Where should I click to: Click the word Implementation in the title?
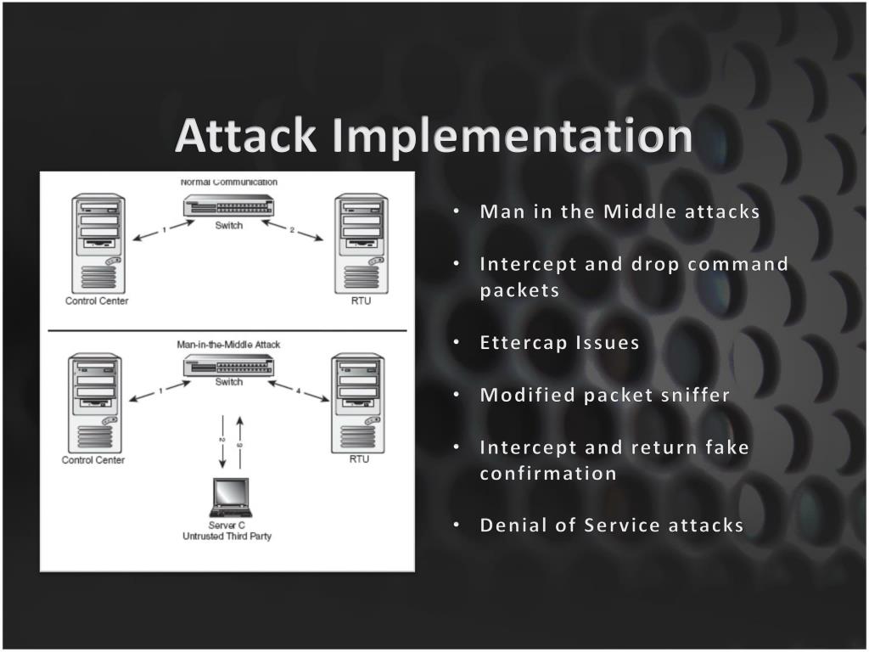point(512,136)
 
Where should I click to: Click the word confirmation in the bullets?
point(548,473)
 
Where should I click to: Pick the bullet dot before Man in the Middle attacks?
point(457,211)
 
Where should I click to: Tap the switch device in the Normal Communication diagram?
point(228,206)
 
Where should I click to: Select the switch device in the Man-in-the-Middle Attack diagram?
point(228,365)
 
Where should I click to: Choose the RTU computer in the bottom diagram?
point(358,402)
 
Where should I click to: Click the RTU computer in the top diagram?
point(360,244)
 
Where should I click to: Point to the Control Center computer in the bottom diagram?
point(93,402)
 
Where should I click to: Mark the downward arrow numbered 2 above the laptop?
point(222,441)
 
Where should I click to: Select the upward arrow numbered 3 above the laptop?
point(240,441)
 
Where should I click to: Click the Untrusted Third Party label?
point(227,536)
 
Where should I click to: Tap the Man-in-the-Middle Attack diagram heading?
point(227,345)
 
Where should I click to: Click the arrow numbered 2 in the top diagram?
point(292,231)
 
